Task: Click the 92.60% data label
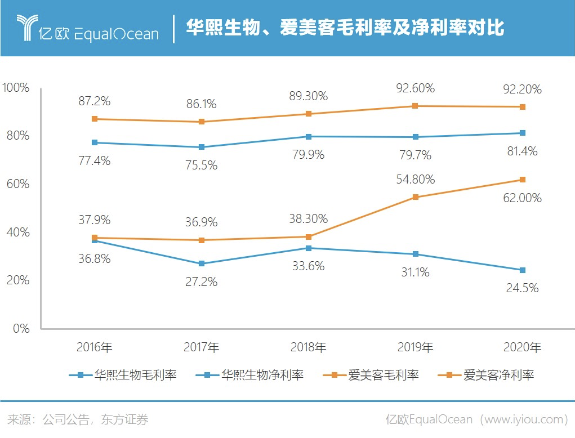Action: pyautogui.click(x=415, y=88)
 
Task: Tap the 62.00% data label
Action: pyautogui.click(x=522, y=198)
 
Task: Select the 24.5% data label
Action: pyautogui.click(x=522, y=288)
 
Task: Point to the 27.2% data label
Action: pyautogui.click(x=201, y=281)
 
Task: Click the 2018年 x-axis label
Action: pyautogui.click(x=308, y=347)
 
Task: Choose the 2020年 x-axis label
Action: pyautogui.click(x=522, y=347)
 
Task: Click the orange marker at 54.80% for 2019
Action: pyautogui.click(x=415, y=197)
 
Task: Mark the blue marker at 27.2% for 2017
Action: pyautogui.click(x=201, y=263)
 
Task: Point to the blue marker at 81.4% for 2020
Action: pyautogui.click(x=522, y=133)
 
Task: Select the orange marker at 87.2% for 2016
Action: pyautogui.click(x=94, y=119)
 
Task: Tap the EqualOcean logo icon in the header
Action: pyautogui.click(x=25, y=28)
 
